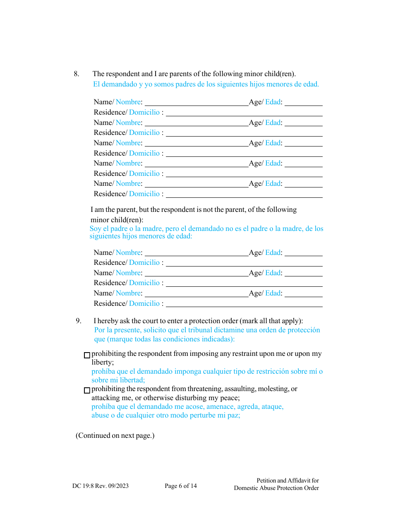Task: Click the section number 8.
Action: [76, 74]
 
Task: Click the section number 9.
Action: [78, 321]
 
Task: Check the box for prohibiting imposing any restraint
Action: [87, 355]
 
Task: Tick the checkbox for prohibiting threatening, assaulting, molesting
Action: [87, 390]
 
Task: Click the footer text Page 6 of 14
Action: [181, 486]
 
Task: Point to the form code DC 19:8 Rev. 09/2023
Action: [100, 486]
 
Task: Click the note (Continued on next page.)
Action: [115, 435]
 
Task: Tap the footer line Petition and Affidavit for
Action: [288, 480]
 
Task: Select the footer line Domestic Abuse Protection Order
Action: [276, 488]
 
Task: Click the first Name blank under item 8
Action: [196, 102]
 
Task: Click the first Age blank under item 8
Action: [303, 102]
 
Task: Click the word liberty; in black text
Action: [103, 362]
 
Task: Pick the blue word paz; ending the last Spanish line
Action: [233, 415]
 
